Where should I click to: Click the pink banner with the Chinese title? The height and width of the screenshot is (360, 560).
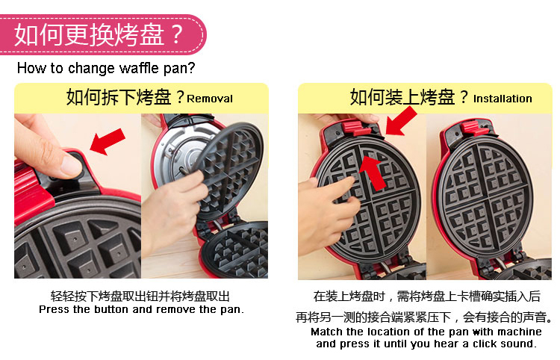(103, 34)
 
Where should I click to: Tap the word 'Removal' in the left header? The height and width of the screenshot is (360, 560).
(210, 99)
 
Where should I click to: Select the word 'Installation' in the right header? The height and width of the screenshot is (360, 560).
(503, 99)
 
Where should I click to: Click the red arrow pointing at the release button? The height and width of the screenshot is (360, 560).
(107, 142)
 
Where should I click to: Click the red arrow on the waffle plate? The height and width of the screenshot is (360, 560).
(373, 173)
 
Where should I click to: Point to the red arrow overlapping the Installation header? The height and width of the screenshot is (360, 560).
(401, 122)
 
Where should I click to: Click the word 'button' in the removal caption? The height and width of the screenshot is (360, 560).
(111, 309)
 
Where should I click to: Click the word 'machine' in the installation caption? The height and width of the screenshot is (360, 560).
(520, 332)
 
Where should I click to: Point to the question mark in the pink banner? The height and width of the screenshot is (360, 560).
(176, 34)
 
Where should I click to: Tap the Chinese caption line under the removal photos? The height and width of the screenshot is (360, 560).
(140, 296)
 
